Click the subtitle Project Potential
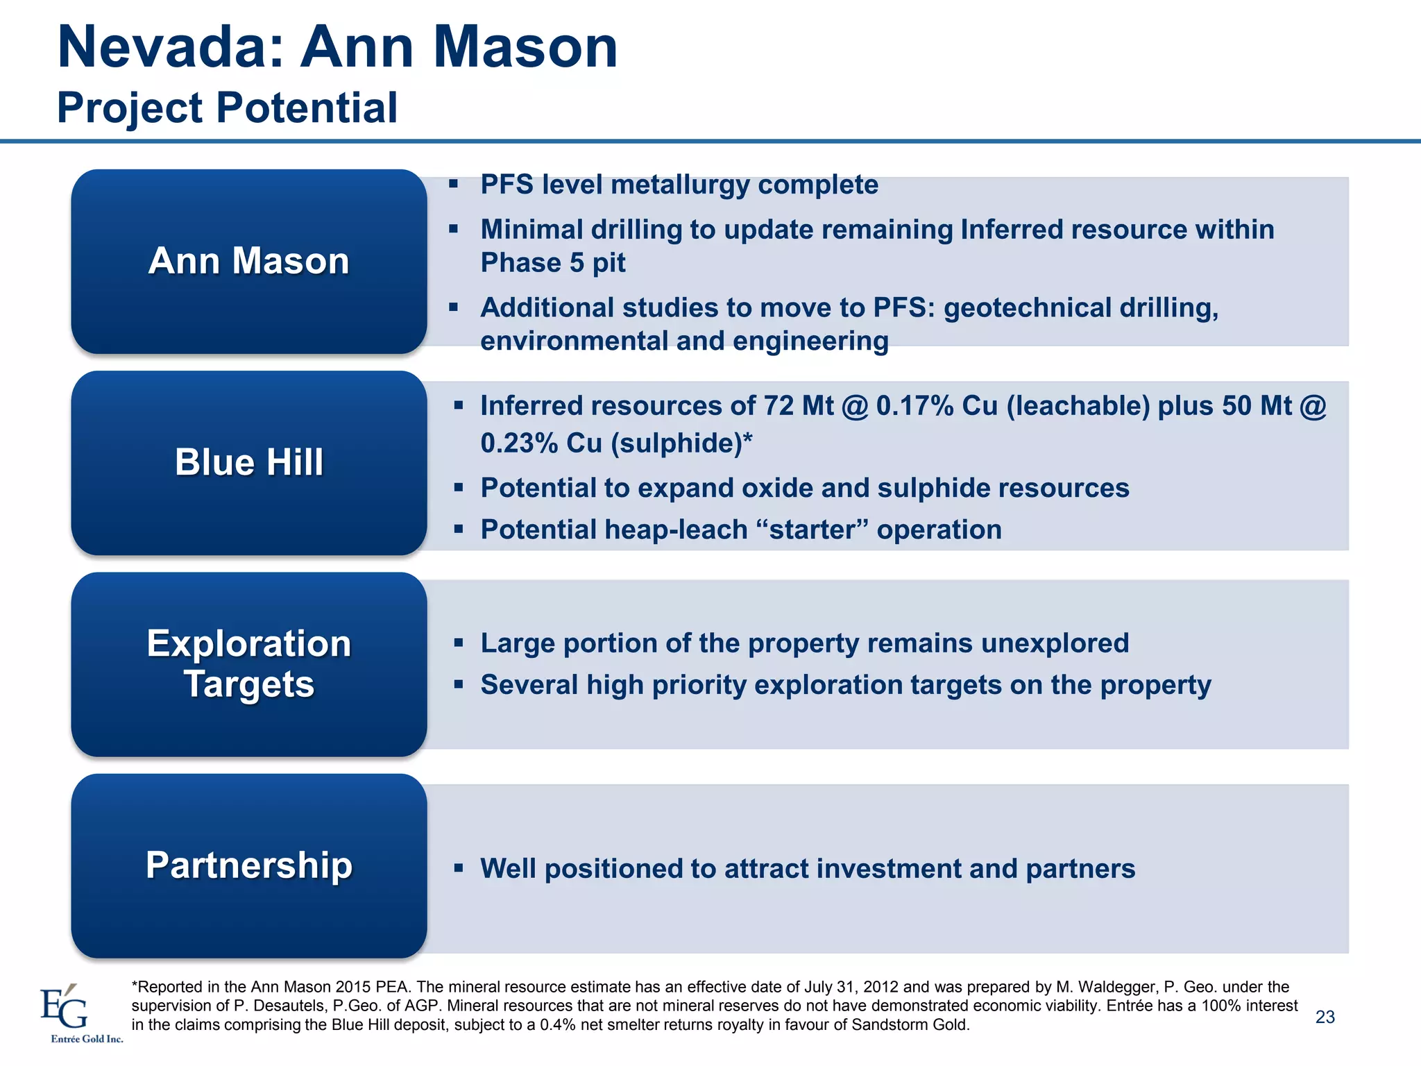pyautogui.click(x=227, y=108)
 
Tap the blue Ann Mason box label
pyautogui.click(x=248, y=261)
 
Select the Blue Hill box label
pyautogui.click(x=248, y=462)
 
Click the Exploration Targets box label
pyautogui.click(x=248, y=663)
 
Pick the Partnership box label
pyautogui.click(x=248, y=865)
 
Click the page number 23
pyautogui.click(x=1325, y=1017)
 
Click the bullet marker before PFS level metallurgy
pyautogui.click(x=454, y=185)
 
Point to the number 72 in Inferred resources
pyautogui.click(x=778, y=406)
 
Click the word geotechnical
pyautogui.click(x=1027, y=307)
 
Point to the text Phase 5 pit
pyautogui.click(x=552, y=263)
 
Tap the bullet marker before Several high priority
pyautogui.click(x=458, y=685)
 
